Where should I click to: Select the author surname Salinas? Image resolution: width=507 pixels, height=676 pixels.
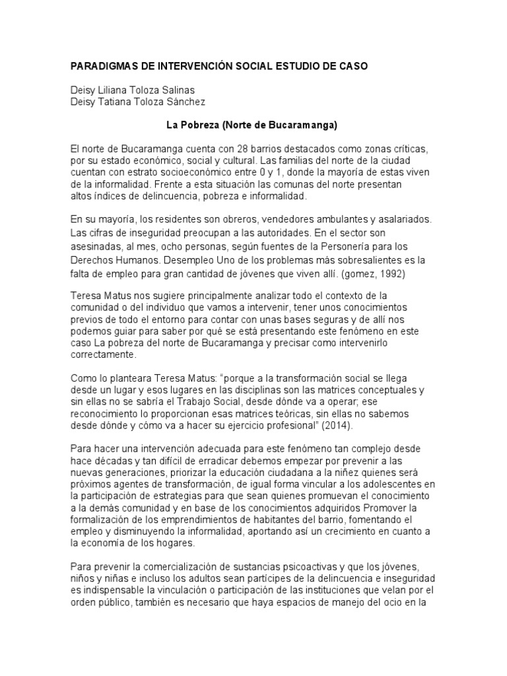point(174,90)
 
